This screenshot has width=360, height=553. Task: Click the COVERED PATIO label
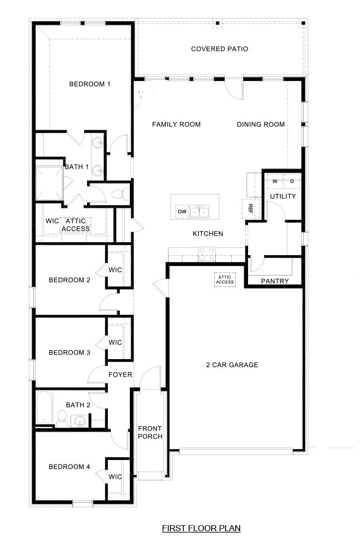[x=219, y=49]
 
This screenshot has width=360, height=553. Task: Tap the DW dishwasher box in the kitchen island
[x=181, y=212]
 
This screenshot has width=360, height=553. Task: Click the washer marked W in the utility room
[x=274, y=182]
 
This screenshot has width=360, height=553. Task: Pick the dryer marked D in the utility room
[x=292, y=182]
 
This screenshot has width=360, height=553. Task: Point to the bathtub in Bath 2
[x=44, y=408]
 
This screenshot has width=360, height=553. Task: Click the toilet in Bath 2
[x=62, y=419]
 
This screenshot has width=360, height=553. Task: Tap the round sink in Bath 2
[x=80, y=422]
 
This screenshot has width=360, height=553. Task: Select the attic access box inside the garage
[x=224, y=279]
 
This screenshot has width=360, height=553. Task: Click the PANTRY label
[x=274, y=281]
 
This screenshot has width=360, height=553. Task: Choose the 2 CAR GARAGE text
[x=232, y=365]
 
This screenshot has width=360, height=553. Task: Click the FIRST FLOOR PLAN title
[x=201, y=528]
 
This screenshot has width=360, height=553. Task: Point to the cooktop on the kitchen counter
[x=206, y=254]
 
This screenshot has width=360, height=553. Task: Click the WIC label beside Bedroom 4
[x=115, y=476]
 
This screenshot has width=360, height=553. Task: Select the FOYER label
[x=120, y=374]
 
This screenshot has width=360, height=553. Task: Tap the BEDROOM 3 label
[x=69, y=353]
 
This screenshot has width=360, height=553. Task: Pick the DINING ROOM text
[x=261, y=124]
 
